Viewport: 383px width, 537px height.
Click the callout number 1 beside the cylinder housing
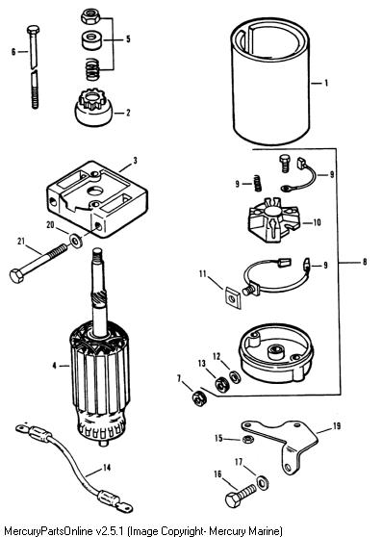click(x=326, y=83)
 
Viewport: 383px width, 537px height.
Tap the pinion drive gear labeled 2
click(x=93, y=108)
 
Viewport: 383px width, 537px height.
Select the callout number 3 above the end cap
click(x=136, y=161)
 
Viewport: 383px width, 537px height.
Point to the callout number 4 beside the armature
click(x=54, y=366)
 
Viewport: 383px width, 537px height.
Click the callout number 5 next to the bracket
click(x=128, y=38)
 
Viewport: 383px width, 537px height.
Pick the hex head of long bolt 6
click(x=33, y=30)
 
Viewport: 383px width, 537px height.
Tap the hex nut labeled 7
click(x=198, y=398)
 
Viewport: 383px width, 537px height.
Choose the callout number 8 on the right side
click(x=365, y=262)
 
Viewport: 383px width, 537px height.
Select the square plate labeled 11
click(x=233, y=298)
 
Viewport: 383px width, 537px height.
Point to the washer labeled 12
click(x=235, y=376)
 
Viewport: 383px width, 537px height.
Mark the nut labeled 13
click(x=222, y=384)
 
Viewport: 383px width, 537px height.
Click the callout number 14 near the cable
click(x=107, y=468)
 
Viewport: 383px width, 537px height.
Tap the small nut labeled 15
click(x=245, y=439)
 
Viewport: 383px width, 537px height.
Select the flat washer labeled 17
click(x=263, y=482)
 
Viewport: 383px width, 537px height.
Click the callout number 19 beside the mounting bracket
click(x=337, y=425)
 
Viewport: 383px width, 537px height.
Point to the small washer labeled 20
click(x=75, y=241)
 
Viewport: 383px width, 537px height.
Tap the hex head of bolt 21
click(x=16, y=275)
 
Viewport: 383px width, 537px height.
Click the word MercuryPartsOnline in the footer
click(x=47, y=531)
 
